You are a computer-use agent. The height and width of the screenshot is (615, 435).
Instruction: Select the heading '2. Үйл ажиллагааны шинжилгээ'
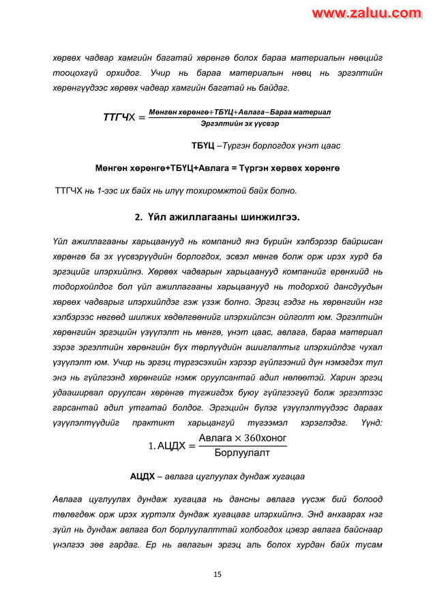click(x=217, y=217)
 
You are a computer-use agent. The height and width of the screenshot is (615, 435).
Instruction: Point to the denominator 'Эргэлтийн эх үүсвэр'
click(x=239, y=124)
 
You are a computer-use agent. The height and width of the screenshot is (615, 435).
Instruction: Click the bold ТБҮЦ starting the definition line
click(x=203, y=147)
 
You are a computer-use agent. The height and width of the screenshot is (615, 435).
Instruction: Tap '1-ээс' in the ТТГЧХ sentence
click(x=106, y=189)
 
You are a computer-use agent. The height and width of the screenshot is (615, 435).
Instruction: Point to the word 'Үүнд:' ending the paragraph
click(x=367, y=423)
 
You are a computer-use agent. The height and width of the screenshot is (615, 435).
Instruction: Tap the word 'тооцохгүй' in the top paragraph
click(x=74, y=73)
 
